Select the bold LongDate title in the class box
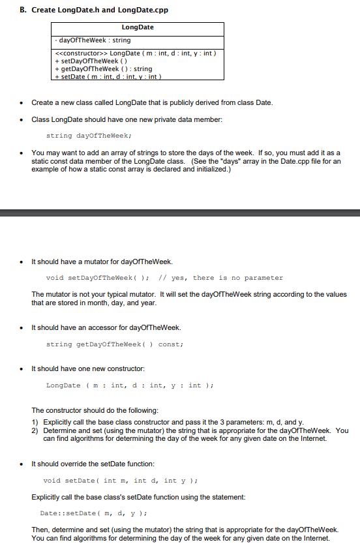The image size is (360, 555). (138, 27)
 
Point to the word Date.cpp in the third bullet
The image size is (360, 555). (273, 161)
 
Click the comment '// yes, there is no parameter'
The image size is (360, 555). (228, 278)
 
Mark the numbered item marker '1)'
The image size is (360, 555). (35, 423)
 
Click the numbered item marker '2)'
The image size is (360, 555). (35, 430)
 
